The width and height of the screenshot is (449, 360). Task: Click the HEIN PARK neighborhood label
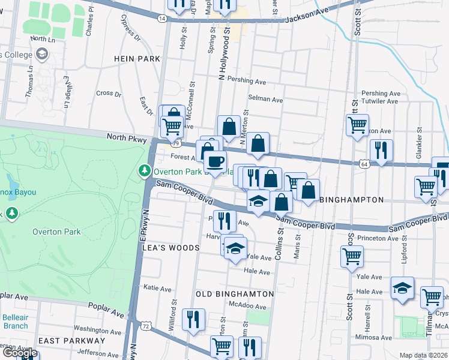(x=138, y=59)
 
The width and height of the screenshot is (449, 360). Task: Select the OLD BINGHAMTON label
(x=235, y=294)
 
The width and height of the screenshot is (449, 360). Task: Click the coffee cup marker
(x=215, y=161)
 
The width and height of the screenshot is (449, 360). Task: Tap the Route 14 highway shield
(x=162, y=19)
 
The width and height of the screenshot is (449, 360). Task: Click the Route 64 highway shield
(x=365, y=163)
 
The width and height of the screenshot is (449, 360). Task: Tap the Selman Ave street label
(x=265, y=100)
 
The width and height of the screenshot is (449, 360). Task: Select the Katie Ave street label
(x=158, y=289)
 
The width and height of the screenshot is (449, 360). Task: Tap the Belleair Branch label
(x=14, y=322)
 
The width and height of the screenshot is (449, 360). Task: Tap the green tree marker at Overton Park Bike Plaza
(x=145, y=171)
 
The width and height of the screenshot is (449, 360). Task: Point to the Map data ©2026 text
(x=424, y=355)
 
